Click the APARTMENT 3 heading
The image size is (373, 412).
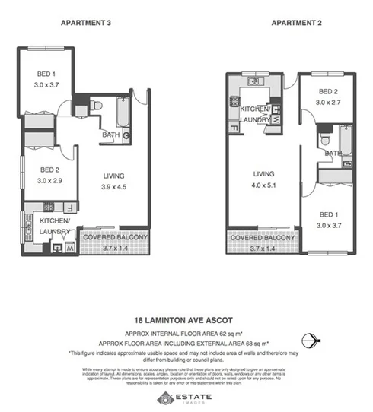pos(85,23)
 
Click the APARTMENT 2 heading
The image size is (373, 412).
pos(296,23)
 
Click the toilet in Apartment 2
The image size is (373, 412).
pos(325,139)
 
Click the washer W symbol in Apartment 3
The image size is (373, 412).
pos(69,246)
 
